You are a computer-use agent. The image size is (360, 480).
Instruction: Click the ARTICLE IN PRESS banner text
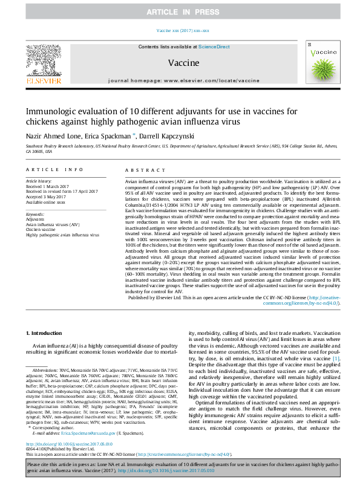tap(180, 12)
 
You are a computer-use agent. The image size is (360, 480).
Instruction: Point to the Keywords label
tap(36, 214)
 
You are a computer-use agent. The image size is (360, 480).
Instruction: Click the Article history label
tap(39, 181)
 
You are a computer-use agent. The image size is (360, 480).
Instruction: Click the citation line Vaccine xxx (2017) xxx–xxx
tap(180, 30)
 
